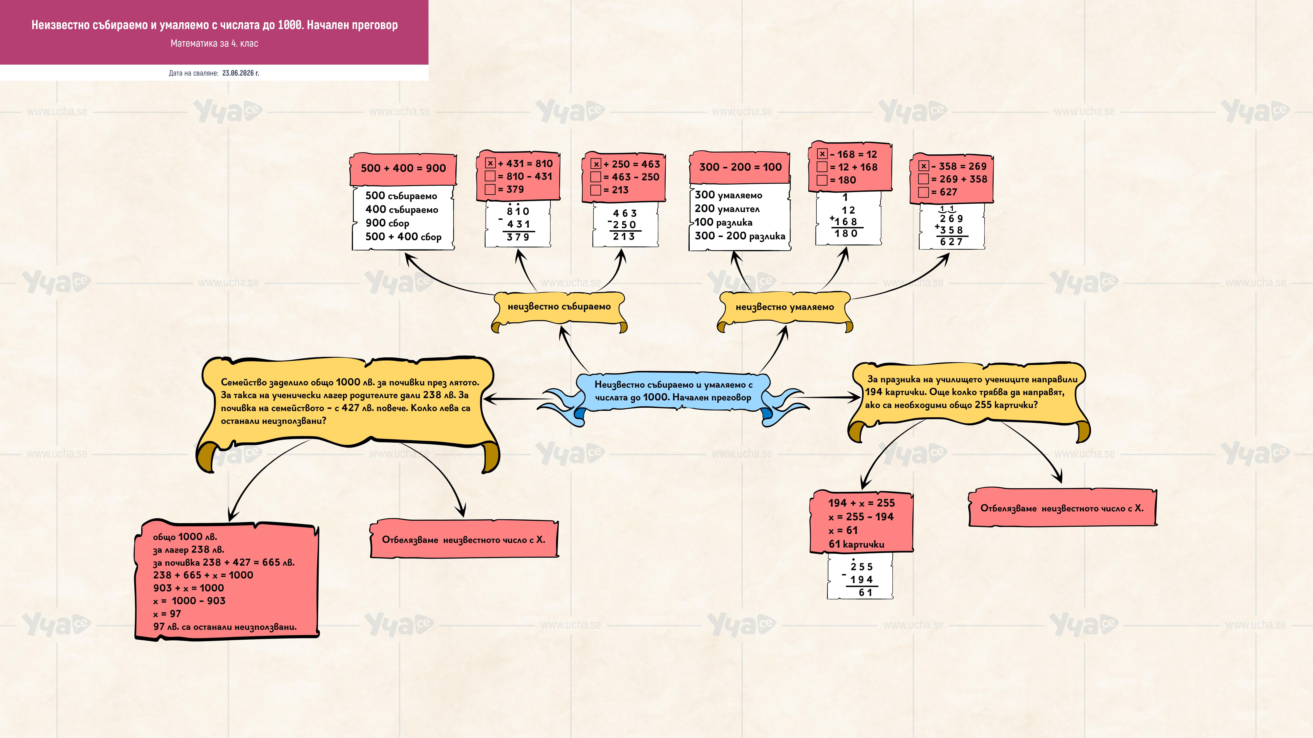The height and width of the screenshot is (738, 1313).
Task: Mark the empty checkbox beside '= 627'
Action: point(923,192)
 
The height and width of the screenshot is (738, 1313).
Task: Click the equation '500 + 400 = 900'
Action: point(403,168)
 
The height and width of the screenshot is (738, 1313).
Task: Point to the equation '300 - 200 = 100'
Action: point(740,167)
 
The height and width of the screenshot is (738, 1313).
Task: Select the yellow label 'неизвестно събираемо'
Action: point(559,307)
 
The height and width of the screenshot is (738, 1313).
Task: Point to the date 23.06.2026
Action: point(241,73)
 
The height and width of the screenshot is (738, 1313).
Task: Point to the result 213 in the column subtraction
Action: point(624,236)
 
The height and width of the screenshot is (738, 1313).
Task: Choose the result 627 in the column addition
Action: point(951,242)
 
